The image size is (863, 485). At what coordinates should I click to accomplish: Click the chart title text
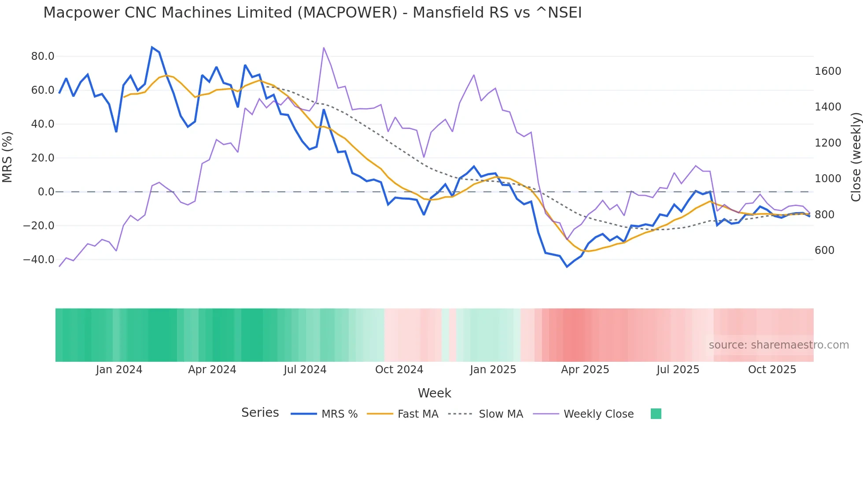point(312,13)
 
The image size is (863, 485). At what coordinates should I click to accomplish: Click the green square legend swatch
point(656,414)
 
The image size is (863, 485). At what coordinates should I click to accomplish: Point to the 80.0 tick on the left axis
point(43,56)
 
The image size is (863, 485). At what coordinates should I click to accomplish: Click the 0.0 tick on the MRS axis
point(46,192)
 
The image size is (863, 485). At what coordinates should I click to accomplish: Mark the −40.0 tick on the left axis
point(39,260)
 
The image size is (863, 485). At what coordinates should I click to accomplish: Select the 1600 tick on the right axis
point(828,71)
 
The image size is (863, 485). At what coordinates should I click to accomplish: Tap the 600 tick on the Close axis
point(825,250)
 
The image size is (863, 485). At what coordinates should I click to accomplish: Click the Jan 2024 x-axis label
point(119,370)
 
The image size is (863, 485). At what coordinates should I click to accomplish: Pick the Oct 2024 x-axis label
point(399,370)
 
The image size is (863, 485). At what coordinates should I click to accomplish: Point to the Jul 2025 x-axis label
point(678,370)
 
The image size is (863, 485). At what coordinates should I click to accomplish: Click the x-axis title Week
point(434,393)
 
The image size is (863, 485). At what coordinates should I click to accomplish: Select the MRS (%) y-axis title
point(7,157)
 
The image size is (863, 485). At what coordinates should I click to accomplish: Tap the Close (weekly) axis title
point(856,157)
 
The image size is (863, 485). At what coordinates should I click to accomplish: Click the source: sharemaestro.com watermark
point(778,345)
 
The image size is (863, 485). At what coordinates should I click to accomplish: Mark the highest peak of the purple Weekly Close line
point(324,48)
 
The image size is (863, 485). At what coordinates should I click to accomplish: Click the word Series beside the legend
point(260,413)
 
